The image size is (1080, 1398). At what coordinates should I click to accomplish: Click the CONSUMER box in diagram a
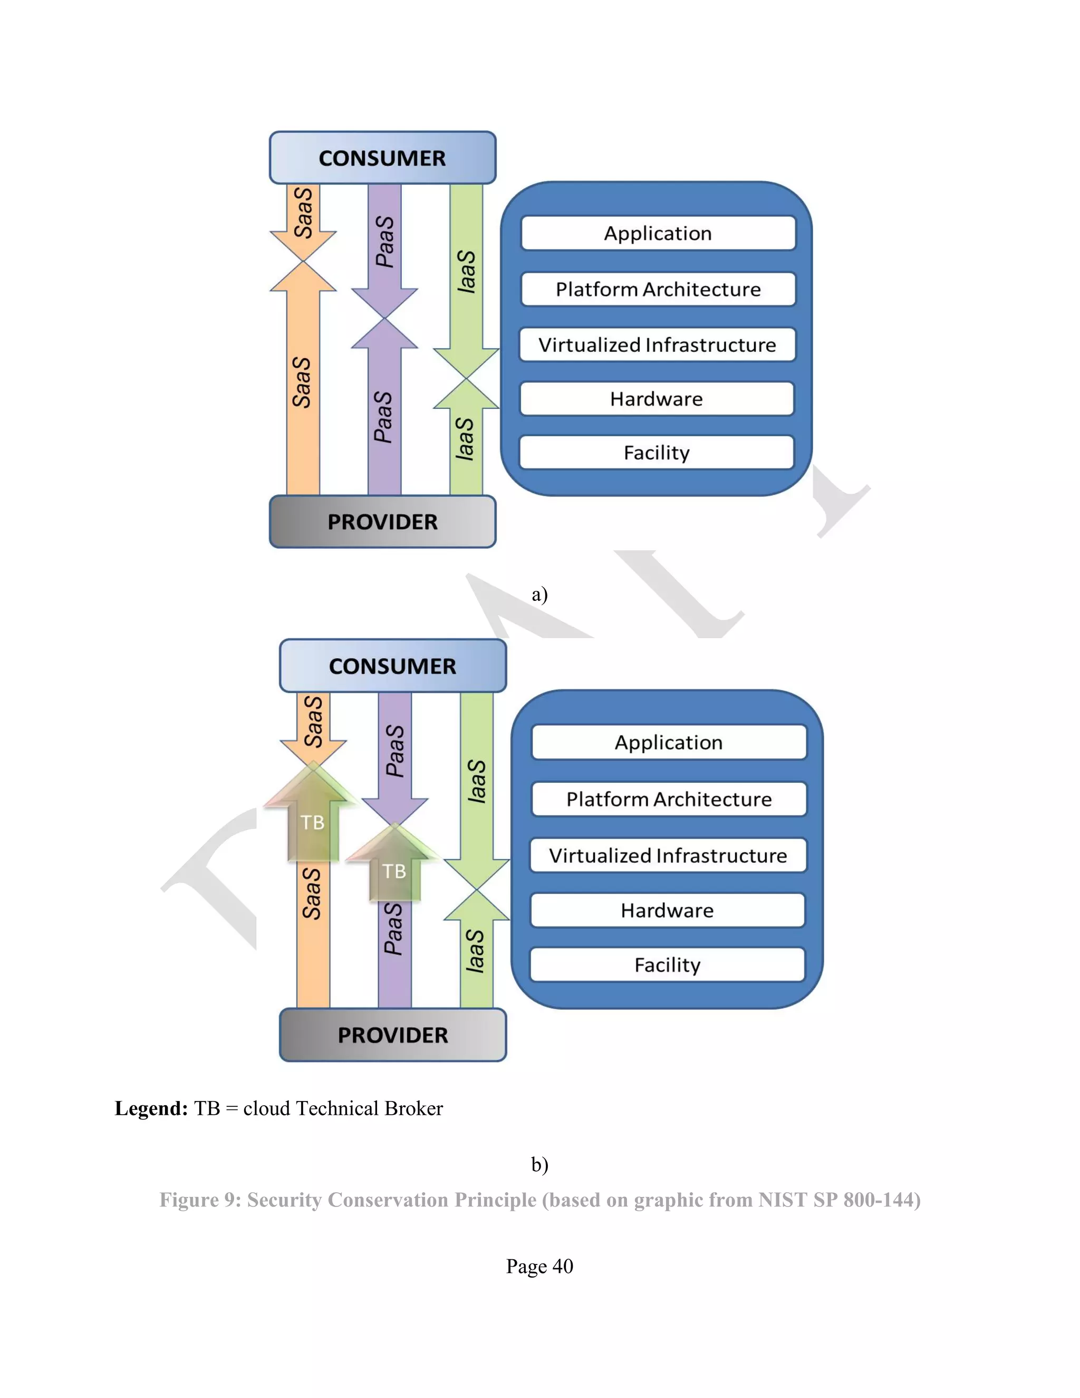click(x=382, y=158)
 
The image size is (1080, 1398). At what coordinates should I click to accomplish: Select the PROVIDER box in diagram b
click(x=392, y=1035)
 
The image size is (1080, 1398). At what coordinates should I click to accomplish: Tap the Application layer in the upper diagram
click(x=658, y=233)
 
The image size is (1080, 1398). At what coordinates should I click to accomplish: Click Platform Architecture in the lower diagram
click(x=669, y=799)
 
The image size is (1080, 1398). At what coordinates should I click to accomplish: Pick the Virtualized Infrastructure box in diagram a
click(x=657, y=344)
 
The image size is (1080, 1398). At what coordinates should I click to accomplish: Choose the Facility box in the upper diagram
click(x=657, y=453)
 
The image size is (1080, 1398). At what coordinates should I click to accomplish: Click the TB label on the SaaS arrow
click(x=312, y=822)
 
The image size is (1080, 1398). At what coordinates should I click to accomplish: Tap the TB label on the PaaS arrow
click(x=394, y=871)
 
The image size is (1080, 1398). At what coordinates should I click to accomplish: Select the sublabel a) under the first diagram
click(x=539, y=595)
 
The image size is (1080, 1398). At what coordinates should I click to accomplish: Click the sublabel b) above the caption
click(x=539, y=1164)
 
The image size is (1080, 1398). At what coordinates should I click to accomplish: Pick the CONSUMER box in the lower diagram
click(x=392, y=666)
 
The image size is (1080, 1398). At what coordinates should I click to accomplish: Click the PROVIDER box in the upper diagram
click(x=382, y=522)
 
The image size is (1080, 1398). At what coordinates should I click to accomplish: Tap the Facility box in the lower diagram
click(x=667, y=965)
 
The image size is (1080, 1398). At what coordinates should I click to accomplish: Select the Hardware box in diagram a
click(x=657, y=399)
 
